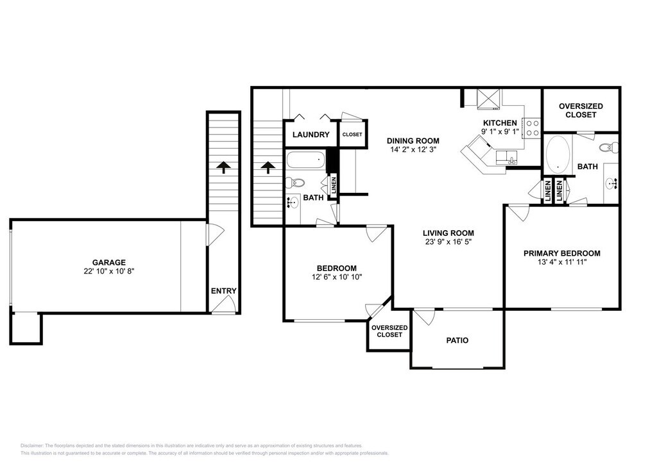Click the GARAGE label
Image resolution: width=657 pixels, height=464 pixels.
click(x=109, y=263)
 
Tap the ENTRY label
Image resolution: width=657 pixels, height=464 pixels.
click(x=224, y=291)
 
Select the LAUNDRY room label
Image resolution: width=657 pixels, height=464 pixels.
click(x=311, y=135)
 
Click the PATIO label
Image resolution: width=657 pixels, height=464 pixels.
click(x=457, y=340)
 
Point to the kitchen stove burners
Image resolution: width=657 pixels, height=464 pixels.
click(x=533, y=128)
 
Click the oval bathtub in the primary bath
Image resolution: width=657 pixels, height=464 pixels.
click(x=558, y=154)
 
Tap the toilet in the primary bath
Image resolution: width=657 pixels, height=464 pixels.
click(x=610, y=147)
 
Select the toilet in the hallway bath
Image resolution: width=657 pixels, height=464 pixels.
click(x=294, y=183)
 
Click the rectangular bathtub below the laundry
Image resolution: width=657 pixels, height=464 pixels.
click(x=306, y=160)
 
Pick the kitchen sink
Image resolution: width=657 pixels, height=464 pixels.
click(x=507, y=158)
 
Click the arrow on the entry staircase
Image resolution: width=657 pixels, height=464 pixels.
click(x=224, y=167)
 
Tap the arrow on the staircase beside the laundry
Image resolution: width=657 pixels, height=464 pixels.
click(x=268, y=167)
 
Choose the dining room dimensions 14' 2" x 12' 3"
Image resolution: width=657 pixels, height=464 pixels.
click(x=413, y=150)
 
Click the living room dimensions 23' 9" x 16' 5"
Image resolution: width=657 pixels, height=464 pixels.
click(x=448, y=242)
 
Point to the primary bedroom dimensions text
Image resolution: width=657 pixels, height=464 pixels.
click(x=562, y=262)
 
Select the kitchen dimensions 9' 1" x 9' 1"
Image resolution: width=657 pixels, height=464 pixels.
click(x=500, y=131)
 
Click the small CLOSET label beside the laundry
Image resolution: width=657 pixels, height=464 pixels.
click(x=352, y=135)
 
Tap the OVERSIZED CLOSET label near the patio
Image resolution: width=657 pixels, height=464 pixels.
click(x=389, y=331)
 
